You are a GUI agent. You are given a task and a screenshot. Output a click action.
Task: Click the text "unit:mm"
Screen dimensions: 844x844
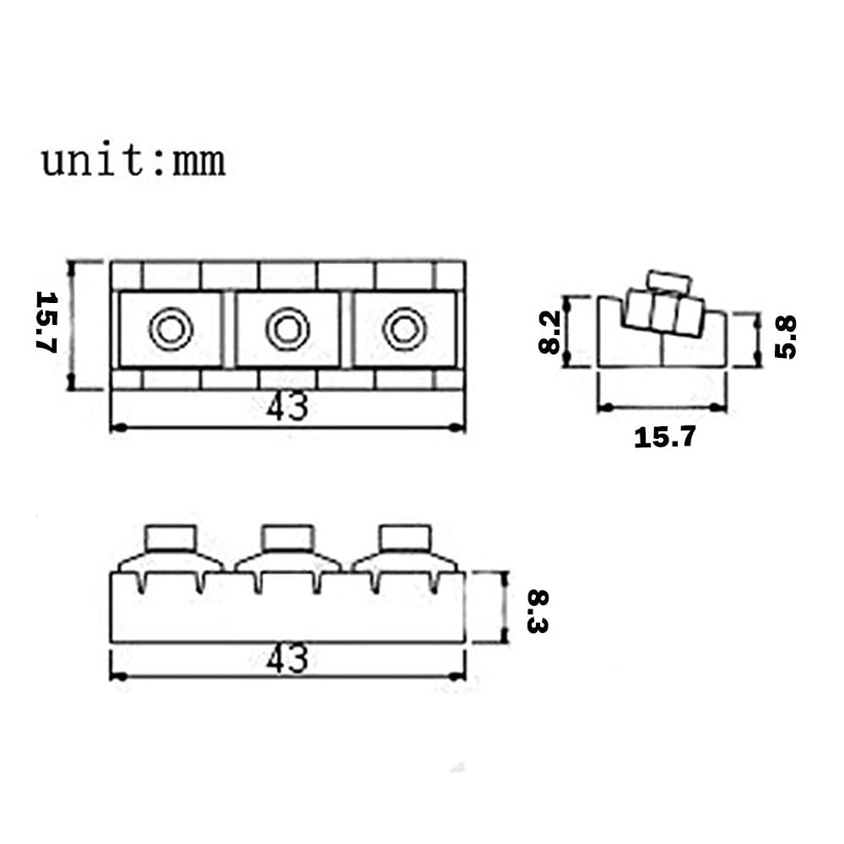[x=133, y=160]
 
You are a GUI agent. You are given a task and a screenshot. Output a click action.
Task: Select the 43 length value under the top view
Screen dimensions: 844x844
[x=288, y=408]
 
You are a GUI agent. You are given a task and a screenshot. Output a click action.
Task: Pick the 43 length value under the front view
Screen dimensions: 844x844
[x=288, y=659]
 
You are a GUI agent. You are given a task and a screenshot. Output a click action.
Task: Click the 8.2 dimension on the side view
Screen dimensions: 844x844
[x=549, y=332]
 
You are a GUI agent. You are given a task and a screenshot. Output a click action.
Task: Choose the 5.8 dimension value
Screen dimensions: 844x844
[x=784, y=336]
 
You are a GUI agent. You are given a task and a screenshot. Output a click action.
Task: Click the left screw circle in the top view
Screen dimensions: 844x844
[x=171, y=328]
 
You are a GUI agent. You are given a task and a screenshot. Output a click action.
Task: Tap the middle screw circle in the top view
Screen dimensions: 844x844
[x=288, y=328]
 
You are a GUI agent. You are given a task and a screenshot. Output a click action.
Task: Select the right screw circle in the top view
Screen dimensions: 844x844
[x=404, y=328]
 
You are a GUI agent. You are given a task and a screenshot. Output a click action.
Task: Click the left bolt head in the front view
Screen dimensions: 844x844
[x=171, y=538]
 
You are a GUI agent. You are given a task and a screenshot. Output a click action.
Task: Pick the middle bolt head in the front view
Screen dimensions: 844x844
[x=288, y=538]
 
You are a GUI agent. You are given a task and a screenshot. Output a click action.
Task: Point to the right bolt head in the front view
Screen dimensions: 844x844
[x=404, y=538]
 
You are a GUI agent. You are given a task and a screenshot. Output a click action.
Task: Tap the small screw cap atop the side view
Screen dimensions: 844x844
[x=669, y=281]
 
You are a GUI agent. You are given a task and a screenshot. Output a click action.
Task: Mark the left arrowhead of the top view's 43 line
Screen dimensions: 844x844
[x=116, y=428]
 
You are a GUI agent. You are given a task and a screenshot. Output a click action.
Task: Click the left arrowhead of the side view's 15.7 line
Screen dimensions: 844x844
[x=603, y=408]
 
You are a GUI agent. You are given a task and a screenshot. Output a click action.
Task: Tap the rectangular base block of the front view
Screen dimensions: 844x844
[x=288, y=612]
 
